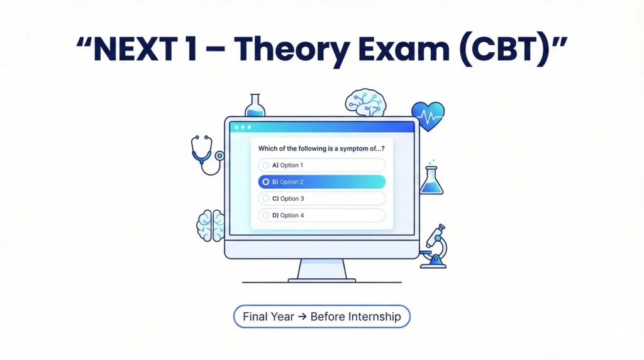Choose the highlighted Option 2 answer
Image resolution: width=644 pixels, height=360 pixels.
[x=321, y=182]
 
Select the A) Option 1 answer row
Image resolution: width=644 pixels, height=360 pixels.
[x=321, y=165]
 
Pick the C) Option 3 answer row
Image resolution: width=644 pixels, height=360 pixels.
[x=321, y=198]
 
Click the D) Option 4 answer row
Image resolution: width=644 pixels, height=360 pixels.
[x=321, y=215]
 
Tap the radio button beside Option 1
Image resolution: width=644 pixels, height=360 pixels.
[x=266, y=165]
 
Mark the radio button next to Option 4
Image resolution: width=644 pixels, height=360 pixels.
[x=266, y=215]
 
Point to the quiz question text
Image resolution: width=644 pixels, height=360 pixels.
[x=321, y=148]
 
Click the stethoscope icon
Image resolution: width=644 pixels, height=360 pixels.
[x=206, y=154]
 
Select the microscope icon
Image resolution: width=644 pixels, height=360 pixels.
[x=435, y=247]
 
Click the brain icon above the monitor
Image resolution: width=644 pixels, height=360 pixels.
[x=365, y=103]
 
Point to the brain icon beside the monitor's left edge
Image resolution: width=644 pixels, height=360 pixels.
[x=210, y=225]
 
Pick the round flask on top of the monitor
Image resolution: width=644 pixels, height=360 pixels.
[x=255, y=106]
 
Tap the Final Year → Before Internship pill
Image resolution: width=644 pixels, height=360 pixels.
[x=321, y=316]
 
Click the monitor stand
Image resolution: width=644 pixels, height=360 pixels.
[x=321, y=271]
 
